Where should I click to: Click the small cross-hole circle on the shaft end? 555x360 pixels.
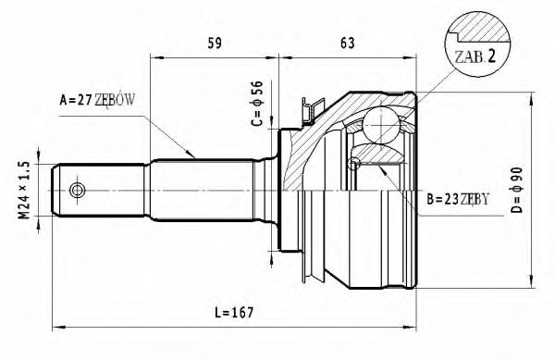pyautogui.click(x=78, y=191)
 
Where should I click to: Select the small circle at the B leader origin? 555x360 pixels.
pyautogui.click(x=352, y=165)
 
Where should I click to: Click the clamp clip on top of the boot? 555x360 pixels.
pyautogui.click(x=309, y=109)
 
